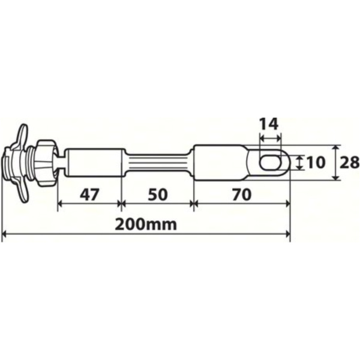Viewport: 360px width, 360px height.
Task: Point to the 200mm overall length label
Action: click(146, 224)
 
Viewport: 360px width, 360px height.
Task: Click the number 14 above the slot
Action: click(269, 125)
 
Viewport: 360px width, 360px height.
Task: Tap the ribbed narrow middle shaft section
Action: click(157, 163)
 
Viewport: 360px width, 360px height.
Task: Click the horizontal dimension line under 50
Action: click(157, 204)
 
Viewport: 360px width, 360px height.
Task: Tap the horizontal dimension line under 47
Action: click(89, 204)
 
